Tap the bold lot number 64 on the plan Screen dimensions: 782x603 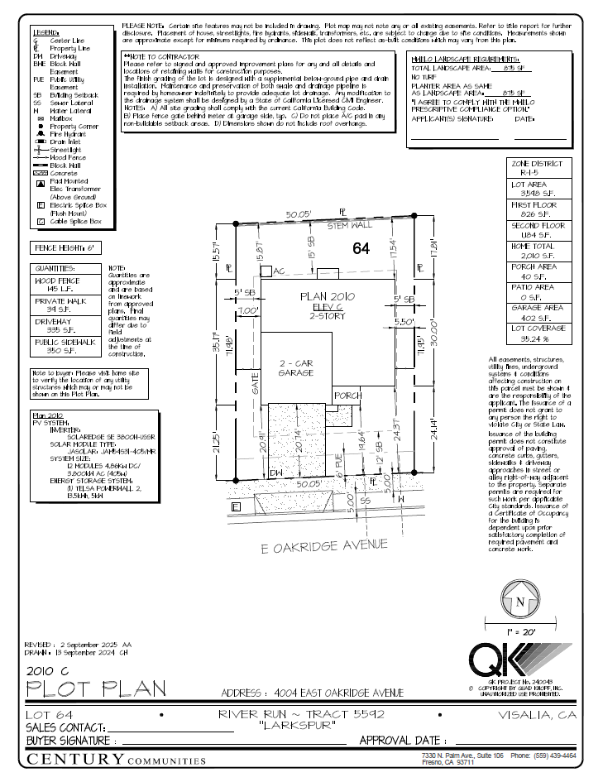[x=360, y=247]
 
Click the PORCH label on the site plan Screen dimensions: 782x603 [x=347, y=396]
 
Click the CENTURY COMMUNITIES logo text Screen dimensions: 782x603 [x=117, y=759]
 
